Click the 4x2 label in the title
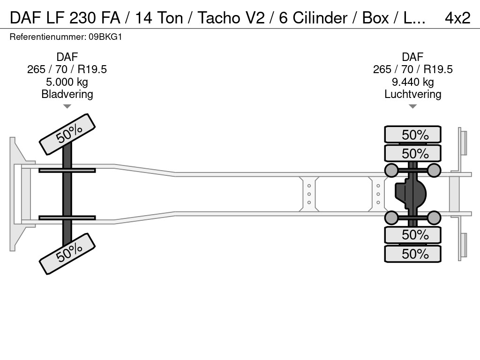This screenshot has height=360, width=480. [457, 18]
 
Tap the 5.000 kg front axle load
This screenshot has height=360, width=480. [67, 82]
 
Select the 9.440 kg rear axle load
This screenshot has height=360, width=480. [412, 82]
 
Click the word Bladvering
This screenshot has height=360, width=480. [67, 94]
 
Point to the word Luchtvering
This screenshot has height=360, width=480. [412, 94]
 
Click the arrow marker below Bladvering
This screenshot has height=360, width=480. [67, 106]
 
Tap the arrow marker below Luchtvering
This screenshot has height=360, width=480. [412, 106]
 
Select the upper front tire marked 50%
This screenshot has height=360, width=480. [67, 134]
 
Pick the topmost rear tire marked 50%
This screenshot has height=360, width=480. [412, 135]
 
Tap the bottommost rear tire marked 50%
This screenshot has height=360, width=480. [412, 254]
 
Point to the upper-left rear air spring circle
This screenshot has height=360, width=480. [391, 170]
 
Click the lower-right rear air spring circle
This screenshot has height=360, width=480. [434, 217]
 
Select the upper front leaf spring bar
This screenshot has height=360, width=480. [67, 170]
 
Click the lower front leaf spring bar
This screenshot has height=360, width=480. [67, 217]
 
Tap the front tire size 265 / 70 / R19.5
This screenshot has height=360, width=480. [67, 69]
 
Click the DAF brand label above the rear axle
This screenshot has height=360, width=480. [412, 57]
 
